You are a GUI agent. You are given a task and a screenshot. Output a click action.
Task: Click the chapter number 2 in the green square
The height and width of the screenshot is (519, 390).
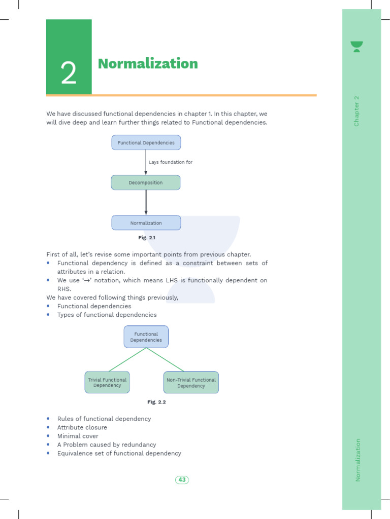[x=69, y=74]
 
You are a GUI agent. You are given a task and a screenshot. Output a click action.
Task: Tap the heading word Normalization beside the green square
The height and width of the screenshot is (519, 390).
[x=148, y=64]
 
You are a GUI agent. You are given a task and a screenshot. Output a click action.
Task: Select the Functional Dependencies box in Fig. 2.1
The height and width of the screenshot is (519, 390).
[x=146, y=142]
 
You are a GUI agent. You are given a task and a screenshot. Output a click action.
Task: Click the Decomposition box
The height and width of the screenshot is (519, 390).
[x=146, y=182]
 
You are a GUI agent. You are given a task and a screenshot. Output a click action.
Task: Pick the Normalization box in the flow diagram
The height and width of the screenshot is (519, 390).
[x=146, y=223]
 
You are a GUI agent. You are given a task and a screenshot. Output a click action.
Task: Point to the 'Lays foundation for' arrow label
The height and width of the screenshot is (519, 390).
[x=171, y=162]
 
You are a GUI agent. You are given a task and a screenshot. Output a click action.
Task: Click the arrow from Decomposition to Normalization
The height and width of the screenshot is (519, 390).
[x=146, y=202]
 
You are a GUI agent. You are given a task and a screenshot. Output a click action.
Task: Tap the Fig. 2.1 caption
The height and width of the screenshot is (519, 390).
[x=147, y=237]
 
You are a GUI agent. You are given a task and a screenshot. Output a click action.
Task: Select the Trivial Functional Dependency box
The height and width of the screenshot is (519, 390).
[x=107, y=382]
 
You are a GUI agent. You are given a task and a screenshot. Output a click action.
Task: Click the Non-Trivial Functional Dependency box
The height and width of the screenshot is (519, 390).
[x=191, y=382]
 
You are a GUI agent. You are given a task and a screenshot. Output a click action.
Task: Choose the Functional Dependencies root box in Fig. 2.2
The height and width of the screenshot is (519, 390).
[x=146, y=337]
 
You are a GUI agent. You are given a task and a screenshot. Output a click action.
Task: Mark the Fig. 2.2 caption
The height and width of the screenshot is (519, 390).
[x=157, y=402]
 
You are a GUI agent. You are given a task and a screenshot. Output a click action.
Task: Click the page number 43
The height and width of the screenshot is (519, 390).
[x=182, y=479]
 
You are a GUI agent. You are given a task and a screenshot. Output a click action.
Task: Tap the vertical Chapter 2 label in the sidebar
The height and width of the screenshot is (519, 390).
[x=356, y=111]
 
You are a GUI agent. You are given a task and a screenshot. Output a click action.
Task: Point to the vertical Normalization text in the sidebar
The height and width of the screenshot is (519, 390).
[x=357, y=460]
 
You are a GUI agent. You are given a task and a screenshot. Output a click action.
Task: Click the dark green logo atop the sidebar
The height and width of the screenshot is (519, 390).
[x=357, y=47]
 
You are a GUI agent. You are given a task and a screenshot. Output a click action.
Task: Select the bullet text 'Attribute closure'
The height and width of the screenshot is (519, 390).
[x=82, y=427]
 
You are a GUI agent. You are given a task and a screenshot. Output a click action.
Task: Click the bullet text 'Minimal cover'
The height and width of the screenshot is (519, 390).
[x=78, y=436]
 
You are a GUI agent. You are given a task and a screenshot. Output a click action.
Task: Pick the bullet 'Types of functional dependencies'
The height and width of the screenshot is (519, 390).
[x=107, y=315]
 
